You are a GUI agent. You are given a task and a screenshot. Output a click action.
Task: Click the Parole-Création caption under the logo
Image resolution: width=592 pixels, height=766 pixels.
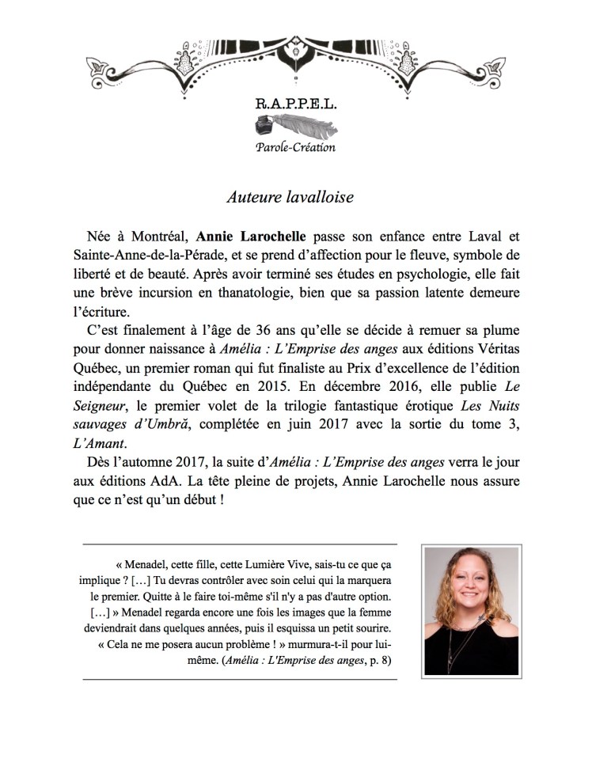[295, 147]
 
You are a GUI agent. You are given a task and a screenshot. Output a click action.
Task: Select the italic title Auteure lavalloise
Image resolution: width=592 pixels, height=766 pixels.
[290, 197]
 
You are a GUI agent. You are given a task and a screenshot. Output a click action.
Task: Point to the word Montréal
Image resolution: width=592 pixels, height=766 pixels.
[158, 237]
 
